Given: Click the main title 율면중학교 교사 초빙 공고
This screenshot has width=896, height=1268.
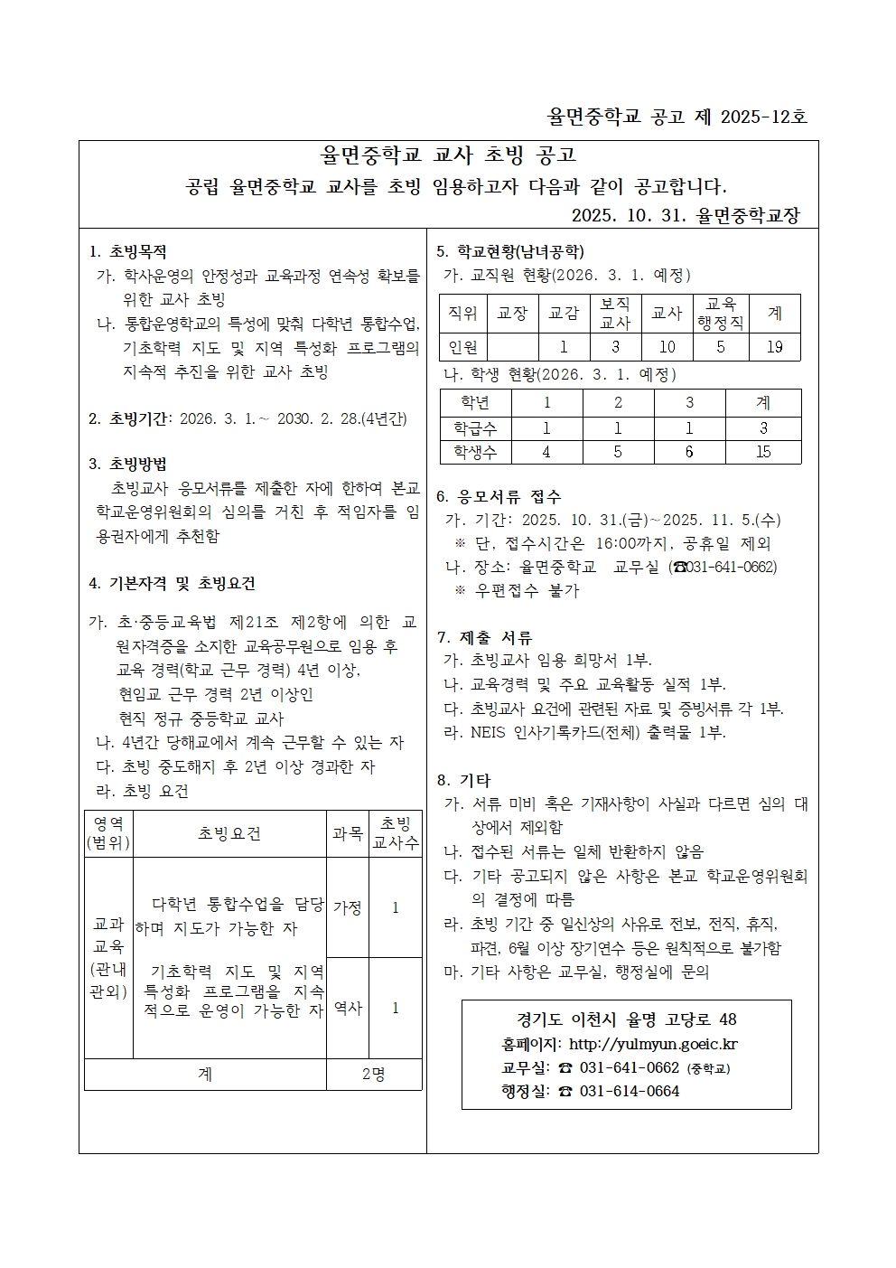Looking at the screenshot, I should click(x=449, y=156).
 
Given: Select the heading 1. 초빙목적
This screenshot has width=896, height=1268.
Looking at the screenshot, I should click(x=128, y=252).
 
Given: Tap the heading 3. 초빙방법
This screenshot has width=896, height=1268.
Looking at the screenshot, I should click(x=128, y=465).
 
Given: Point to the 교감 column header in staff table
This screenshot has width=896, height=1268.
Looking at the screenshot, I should click(x=564, y=313).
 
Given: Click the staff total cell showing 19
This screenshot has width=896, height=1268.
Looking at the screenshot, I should click(x=775, y=347).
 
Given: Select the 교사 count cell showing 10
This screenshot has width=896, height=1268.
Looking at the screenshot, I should click(x=667, y=347).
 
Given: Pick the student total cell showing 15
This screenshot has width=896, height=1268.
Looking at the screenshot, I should click(x=763, y=452).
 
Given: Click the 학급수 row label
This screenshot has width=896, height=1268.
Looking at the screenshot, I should click(x=475, y=428).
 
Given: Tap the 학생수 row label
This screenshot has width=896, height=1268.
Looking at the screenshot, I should click(x=475, y=452).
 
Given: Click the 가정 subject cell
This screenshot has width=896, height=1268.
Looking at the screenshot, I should click(x=348, y=907).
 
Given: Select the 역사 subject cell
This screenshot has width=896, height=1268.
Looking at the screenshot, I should click(x=348, y=1008).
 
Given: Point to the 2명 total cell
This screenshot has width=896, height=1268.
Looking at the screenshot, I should click(x=374, y=1074).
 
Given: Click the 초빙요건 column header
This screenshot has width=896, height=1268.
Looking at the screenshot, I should click(x=229, y=833).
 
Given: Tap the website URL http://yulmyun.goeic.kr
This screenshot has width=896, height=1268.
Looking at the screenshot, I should click(x=653, y=1044).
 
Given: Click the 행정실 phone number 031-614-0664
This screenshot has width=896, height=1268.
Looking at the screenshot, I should click(x=630, y=1091).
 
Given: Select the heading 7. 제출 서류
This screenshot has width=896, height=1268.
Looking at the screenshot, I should click(x=484, y=637).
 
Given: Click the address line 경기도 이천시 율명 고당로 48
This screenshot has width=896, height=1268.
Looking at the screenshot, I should click(x=627, y=1019).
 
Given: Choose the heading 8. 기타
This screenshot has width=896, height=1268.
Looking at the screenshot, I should click(x=464, y=780).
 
